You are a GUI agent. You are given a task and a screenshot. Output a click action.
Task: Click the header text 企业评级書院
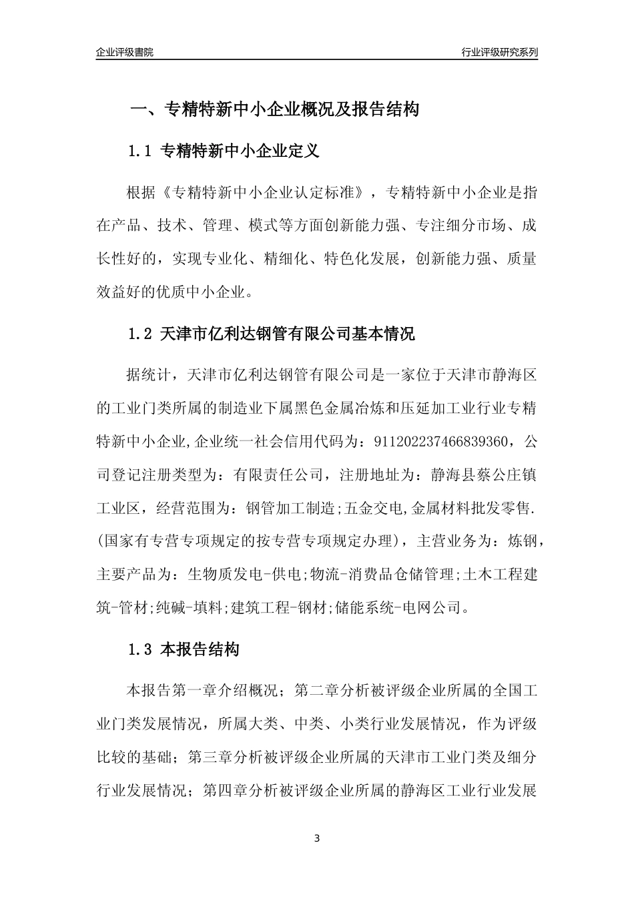point(125,52)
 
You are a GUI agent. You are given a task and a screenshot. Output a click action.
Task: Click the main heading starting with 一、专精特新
point(274,109)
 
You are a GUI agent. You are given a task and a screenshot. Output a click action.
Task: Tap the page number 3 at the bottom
point(317,838)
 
